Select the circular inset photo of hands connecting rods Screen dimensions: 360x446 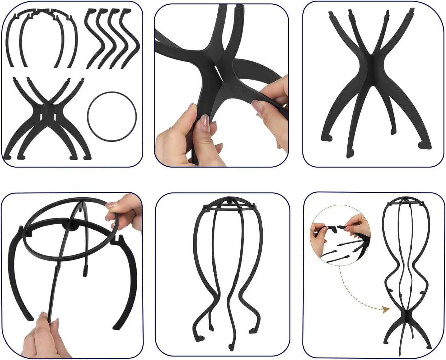340,240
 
